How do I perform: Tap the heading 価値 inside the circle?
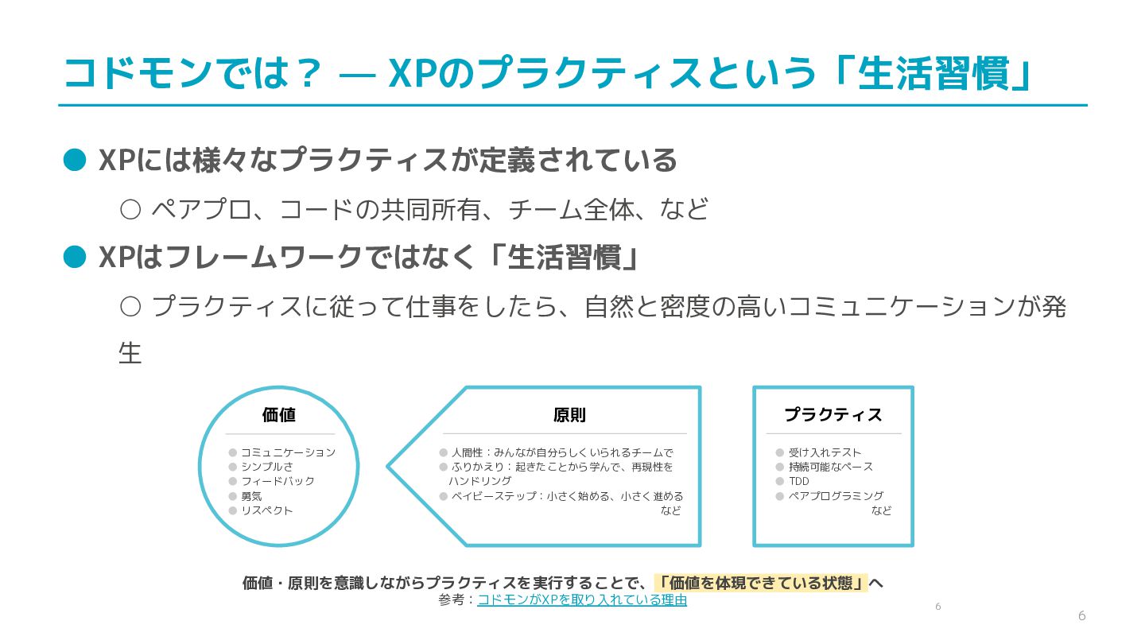tap(278, 415)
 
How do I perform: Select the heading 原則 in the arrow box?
tap(569, 415)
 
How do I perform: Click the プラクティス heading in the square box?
tap(833, 415)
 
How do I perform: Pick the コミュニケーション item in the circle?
tap(288, 452)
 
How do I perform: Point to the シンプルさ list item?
tap(266, 467)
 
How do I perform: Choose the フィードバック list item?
tap(278, 481)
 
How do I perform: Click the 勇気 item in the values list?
tap(251, 496)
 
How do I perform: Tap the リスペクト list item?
tap(266, 510)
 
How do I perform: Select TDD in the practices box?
tap(798, 481)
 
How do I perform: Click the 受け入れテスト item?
tap(825, 452)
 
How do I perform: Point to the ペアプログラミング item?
tap(836, 496)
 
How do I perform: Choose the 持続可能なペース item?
tap(830, 467)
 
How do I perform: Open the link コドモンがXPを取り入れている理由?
tap(582, 600)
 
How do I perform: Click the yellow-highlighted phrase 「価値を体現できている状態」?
tap(761, 583)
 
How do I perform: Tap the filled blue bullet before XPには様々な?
tap(74, 160)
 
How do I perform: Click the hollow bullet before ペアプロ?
tap(130, 210)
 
